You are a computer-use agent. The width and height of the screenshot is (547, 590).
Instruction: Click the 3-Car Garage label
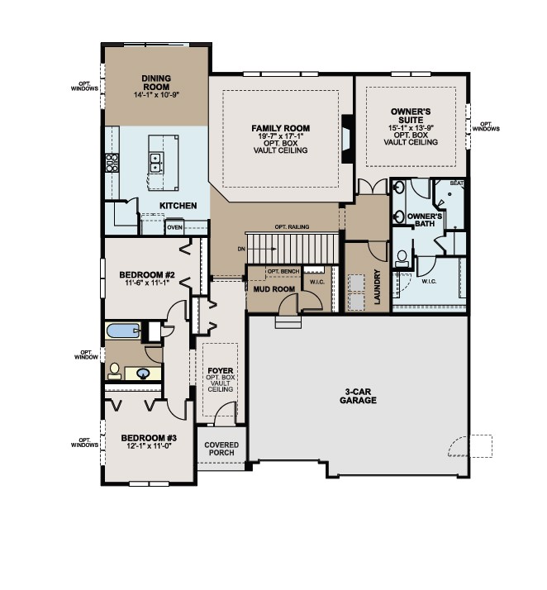click(357, 396)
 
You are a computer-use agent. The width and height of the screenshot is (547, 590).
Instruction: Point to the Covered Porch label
click(221, 449)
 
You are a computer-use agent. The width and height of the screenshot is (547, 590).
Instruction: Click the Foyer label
click(219, 371)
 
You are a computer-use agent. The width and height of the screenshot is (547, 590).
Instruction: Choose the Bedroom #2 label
click(145, 274)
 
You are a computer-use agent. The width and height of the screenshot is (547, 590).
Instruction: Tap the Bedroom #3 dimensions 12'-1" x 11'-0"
click(145, 447)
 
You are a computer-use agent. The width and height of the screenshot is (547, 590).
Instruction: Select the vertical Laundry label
click(377, 287)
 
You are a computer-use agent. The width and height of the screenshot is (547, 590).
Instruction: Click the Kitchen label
click(178, 205)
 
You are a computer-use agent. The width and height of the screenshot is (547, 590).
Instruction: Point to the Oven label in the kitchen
click(174, 227)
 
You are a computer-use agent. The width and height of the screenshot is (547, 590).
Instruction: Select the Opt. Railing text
click(292, 226)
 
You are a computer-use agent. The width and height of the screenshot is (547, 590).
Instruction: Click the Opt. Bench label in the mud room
click(283, 271)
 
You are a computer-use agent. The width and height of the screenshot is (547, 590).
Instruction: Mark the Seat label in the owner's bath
click(456, 183)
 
